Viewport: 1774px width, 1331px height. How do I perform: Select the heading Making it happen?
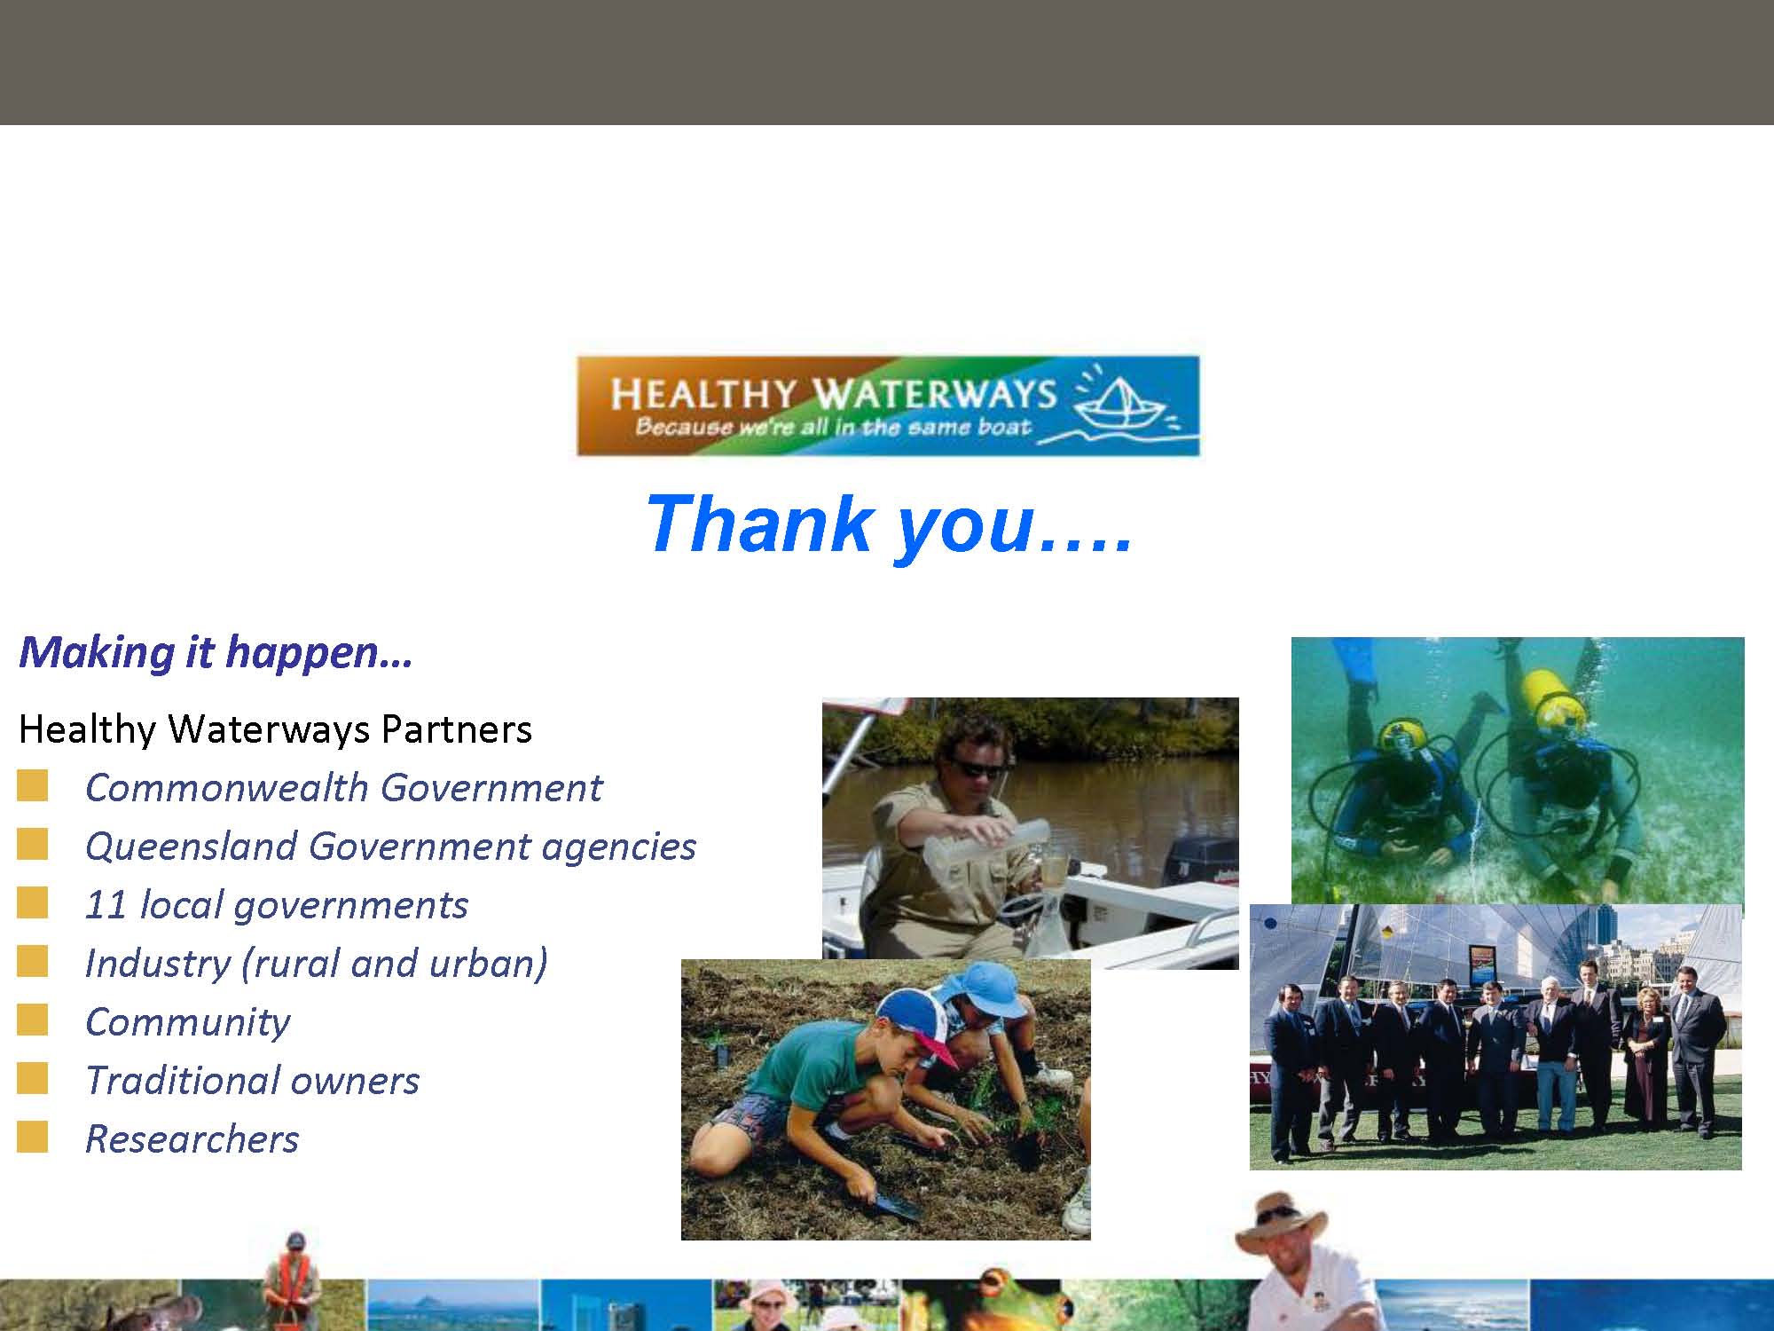pos(216,652)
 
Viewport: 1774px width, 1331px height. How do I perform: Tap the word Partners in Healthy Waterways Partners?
pos(456,729)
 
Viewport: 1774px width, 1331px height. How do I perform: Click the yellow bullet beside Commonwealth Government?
pos(32,787)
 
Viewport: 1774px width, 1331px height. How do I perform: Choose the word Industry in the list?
pos(157,965)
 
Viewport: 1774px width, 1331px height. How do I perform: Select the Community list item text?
pos(187,1023)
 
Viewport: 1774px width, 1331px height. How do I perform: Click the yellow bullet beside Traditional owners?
pos(32,1079)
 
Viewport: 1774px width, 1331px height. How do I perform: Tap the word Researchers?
pos(192,1139)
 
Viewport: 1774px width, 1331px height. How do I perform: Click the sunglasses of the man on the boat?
pos(977,768)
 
